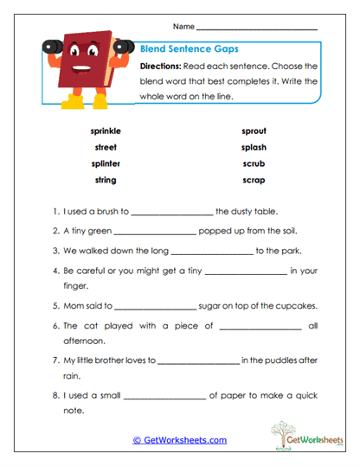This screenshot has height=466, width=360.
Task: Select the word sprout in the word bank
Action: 254,131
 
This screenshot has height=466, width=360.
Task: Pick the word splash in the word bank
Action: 254,147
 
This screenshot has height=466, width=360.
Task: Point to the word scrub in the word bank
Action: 254,163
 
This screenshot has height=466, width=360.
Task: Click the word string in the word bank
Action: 105,180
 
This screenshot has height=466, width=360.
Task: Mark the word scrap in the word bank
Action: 254,180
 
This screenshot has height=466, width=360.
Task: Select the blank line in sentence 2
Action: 155,233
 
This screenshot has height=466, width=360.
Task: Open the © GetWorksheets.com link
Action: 179,440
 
